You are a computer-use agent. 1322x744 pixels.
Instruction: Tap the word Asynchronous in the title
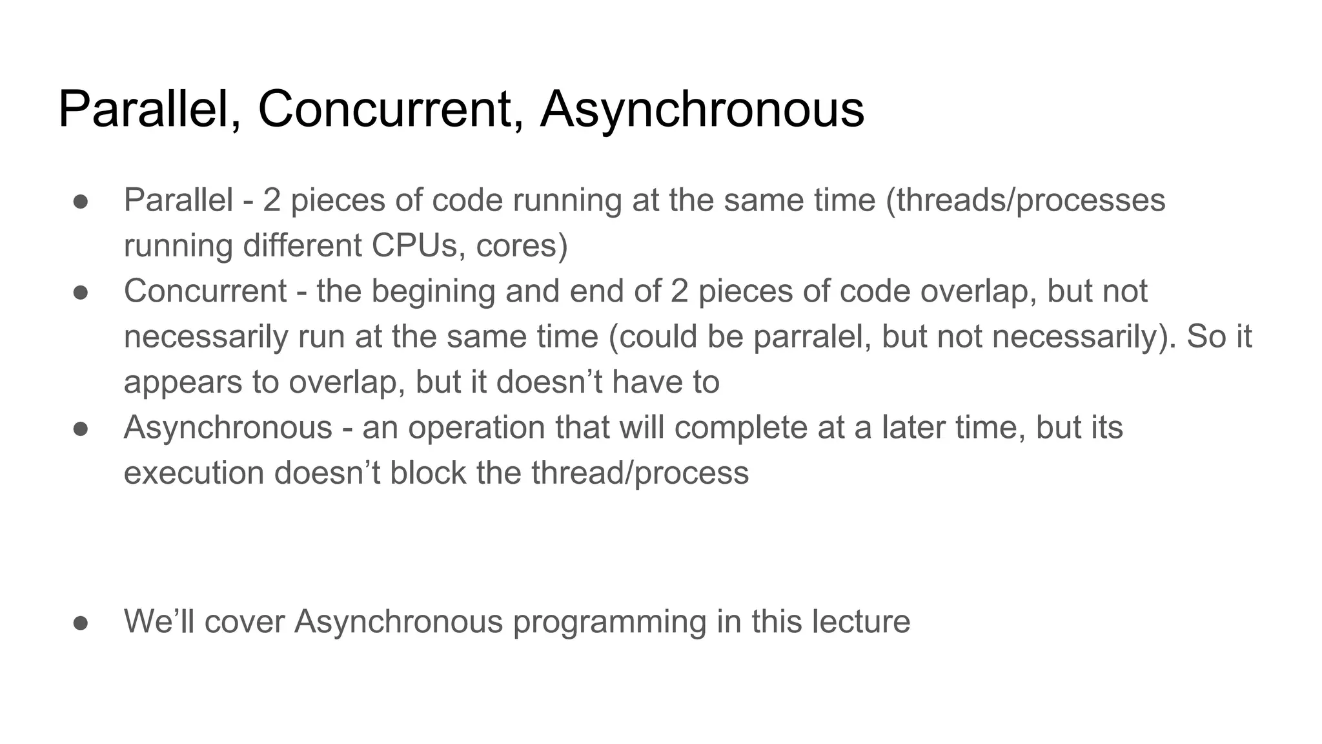[x=702, y=110]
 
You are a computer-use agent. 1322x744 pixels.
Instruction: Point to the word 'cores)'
[x=522, y=246]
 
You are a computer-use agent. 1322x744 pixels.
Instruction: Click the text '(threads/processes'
[x=1026, y=201]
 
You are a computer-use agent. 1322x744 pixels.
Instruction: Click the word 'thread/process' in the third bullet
[x=640, y=473]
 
